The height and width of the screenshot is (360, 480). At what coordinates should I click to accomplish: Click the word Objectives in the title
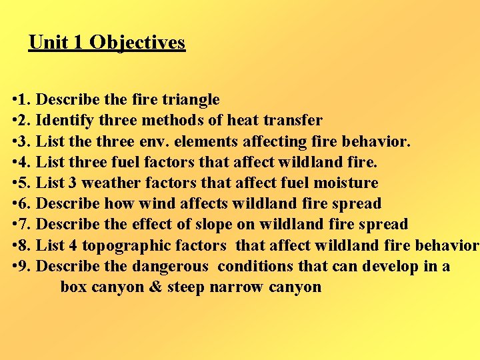pos(137,43)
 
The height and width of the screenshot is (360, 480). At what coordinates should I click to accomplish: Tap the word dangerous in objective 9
pos(170,266)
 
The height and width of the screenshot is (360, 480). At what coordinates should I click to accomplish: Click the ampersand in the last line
pos(154,287)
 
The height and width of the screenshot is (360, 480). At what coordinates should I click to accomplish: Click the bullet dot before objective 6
pos(14,204)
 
